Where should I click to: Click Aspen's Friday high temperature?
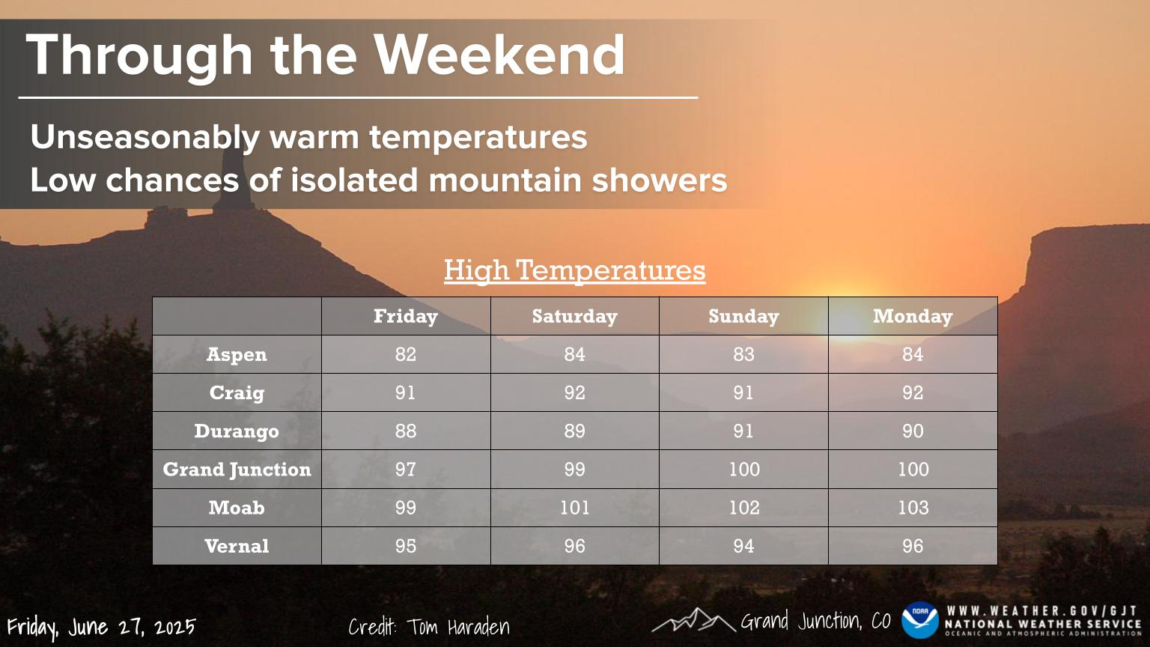click(406, 354)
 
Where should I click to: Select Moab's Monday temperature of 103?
click(913, 508)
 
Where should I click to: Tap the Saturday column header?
click(574, 316)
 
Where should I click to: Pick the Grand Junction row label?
click(237, 470)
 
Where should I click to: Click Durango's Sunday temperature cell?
click(743, 431)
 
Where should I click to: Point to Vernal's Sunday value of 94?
click(743, 546)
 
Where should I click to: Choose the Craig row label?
click(237, 393)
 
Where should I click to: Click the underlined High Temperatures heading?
click(574, 270)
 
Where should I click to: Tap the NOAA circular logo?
click(920, 620)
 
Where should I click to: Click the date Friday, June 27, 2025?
click(101, 628)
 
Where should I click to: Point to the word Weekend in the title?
click(499, 55)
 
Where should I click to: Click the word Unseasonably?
click(145, 138)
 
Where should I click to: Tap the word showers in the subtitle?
click(659, 180)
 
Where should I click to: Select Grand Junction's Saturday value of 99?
click(574, 470)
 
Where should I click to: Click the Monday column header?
click(913, 316)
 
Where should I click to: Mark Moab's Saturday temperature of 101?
click(574, 508)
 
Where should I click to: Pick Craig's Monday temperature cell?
click(913, 393)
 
